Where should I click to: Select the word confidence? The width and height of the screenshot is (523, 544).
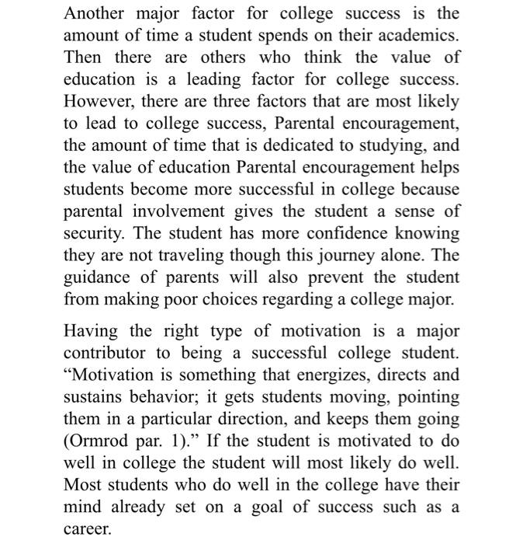click(323, 233)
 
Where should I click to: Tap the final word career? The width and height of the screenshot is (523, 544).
click(87, 529)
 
